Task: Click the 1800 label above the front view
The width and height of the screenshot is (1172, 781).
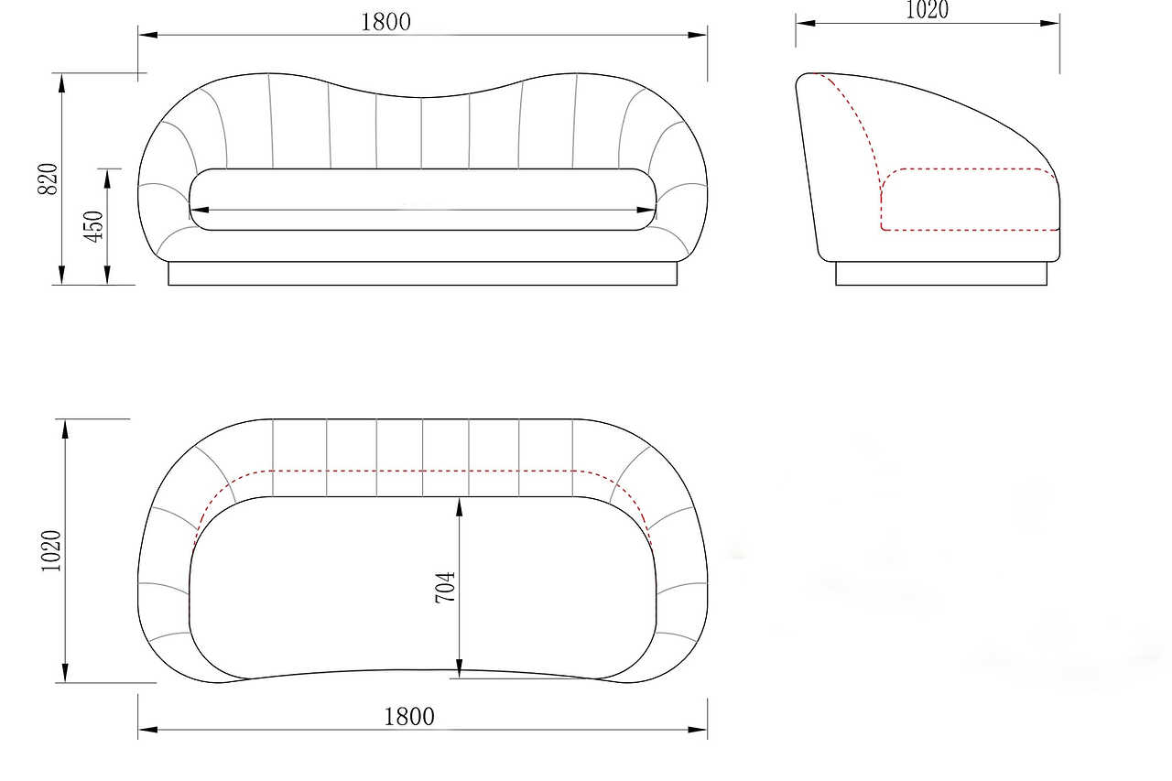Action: point(385,22)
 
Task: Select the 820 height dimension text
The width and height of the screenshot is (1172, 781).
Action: point(48,179)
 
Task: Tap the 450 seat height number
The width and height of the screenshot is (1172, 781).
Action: point(93,226)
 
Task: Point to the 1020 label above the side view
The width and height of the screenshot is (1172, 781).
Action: point(927,10)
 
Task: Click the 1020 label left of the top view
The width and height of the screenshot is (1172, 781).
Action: point(51,551)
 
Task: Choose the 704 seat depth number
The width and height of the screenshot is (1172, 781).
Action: point(445,588)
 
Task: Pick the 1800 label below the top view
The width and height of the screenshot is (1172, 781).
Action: point(409,717)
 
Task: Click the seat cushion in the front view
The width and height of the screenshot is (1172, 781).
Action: point(423,200)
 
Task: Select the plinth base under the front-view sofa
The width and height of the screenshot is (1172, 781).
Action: point(423,274)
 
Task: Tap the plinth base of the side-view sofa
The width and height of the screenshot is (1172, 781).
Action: point(941,274)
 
